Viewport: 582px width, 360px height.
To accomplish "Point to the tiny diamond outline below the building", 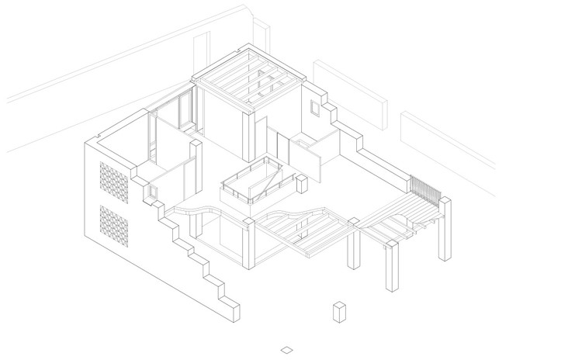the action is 288,349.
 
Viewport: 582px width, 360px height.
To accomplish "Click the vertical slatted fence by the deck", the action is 425,188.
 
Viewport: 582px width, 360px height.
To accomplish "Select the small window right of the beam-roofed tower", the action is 314,109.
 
